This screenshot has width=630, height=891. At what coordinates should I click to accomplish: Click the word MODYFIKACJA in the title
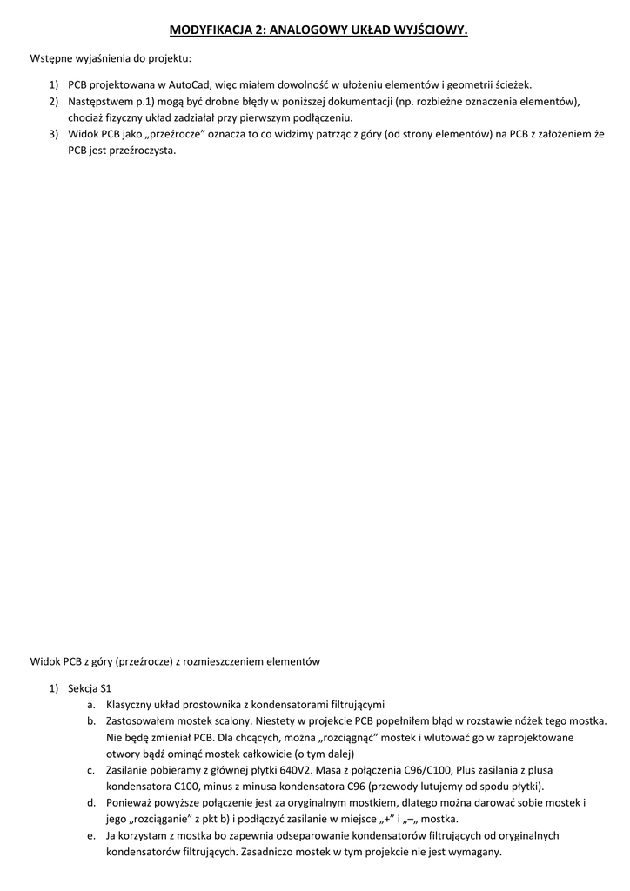click(207, 30)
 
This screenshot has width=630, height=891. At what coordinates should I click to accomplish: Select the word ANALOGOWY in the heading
click(307, 30)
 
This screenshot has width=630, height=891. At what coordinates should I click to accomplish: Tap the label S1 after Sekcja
click(106, 688)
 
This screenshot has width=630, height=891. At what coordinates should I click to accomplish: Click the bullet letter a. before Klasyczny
click(91, 705)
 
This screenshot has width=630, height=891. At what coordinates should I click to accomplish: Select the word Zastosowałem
click(139, 721)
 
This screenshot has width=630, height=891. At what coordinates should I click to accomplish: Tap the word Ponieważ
click(131, 802)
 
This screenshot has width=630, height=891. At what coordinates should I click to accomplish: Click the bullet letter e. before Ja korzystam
click(91, 835)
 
